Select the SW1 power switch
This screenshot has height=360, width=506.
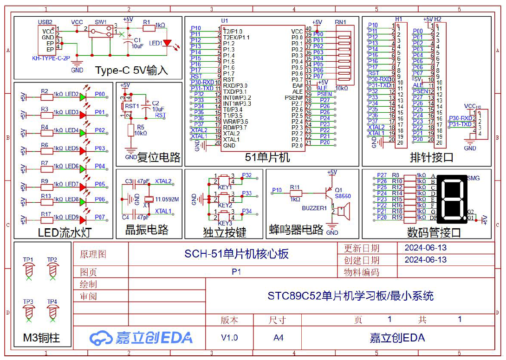[x=102, y=32]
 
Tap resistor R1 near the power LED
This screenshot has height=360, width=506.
[x=148, y=28]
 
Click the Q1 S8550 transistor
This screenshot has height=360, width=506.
[x=329, y=190]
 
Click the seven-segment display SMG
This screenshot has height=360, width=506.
[x=449, y=198]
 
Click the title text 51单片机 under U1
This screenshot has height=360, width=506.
[x=267, y=157]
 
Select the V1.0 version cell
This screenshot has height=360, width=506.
[x=229, y=338]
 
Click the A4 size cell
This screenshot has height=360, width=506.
[x=278, y=338]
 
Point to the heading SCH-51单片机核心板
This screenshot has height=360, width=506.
[x=236, y=254]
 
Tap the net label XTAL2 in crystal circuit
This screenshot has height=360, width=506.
[x=163, y=181]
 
